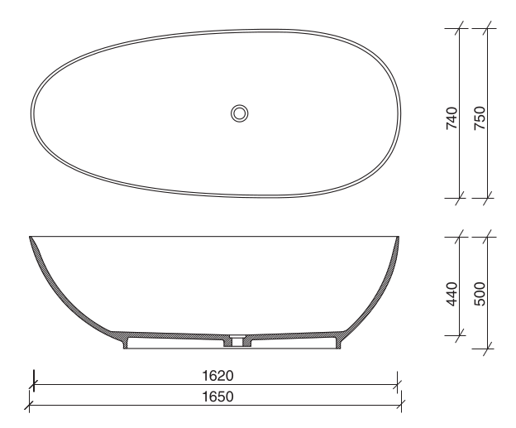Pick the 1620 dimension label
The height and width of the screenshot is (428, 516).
(217, 376)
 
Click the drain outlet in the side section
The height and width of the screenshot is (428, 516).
(238, 339)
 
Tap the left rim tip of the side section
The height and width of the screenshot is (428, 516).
(31, 238)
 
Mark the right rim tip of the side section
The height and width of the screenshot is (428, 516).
(398, 238)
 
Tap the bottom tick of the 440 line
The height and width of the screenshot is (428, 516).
(458, 335)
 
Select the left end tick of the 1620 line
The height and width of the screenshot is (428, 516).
(33, 384)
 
